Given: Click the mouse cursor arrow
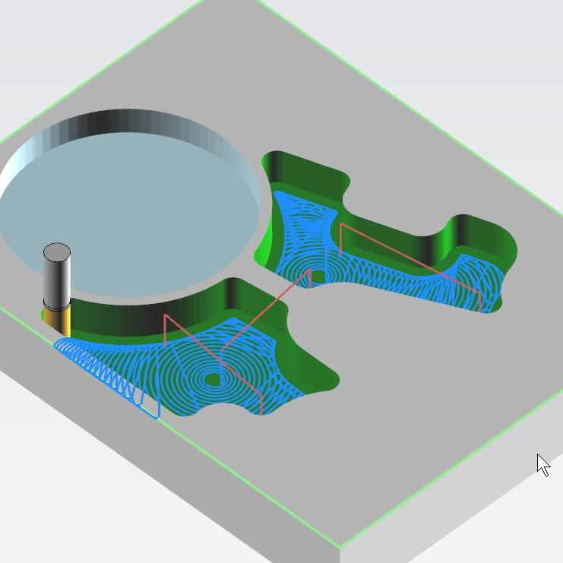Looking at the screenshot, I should tap(542, 464).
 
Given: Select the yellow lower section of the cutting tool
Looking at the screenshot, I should tap(57, 320).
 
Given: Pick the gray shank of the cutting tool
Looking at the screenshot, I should tap(57, 281).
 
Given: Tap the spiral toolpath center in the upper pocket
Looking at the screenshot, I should tap(318, 276).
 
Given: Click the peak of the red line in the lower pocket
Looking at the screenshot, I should tap(165, 315).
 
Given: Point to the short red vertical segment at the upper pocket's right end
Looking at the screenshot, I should tap(481, 301).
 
